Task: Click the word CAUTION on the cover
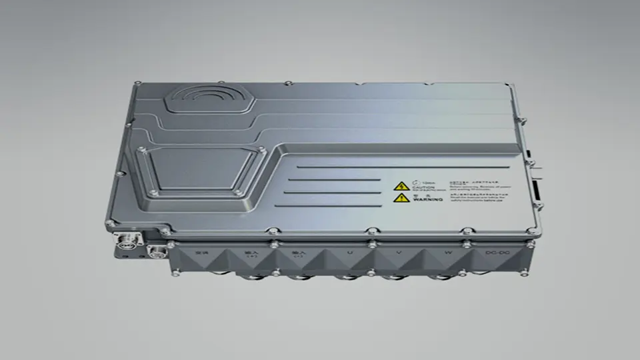pyautogui.click(x=423, y=188)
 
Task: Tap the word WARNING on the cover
pyautogui.click(x=424, y=199)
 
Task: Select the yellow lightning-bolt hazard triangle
pyautogui.click(x=401, y=187)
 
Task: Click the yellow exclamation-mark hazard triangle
pyautogui.click(x=401, y=198)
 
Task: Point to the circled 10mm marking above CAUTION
pyautogui.click(x=419, y=181)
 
